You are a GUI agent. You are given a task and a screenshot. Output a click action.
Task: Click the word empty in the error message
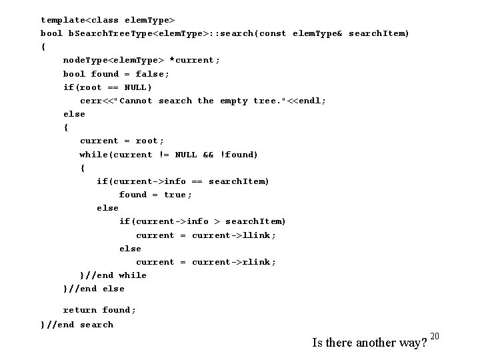tap(234, 101)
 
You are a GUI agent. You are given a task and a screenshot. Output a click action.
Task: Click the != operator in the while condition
tap(164, 155)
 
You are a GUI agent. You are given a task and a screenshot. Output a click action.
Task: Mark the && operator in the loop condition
tap(209, 155)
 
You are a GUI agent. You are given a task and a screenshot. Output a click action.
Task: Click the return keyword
tap(80, 310)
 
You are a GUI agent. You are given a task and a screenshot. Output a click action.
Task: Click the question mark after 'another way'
tap(423, 344)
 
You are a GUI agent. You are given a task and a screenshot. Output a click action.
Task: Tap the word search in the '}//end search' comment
tap(97, 325)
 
